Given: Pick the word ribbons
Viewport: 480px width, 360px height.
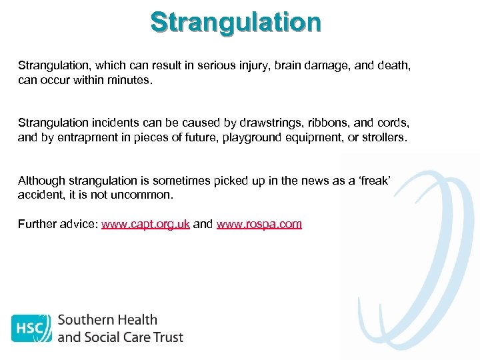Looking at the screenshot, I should pyautogui.click(x=333, y=123).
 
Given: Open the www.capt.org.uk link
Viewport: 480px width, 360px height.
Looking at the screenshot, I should pyautogui.click(x=145, y=224).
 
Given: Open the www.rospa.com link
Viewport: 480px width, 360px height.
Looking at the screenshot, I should pyautogui.click(x=259, y=224).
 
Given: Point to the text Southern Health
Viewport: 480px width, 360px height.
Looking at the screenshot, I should pyautogui.click(x=107, y=320).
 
